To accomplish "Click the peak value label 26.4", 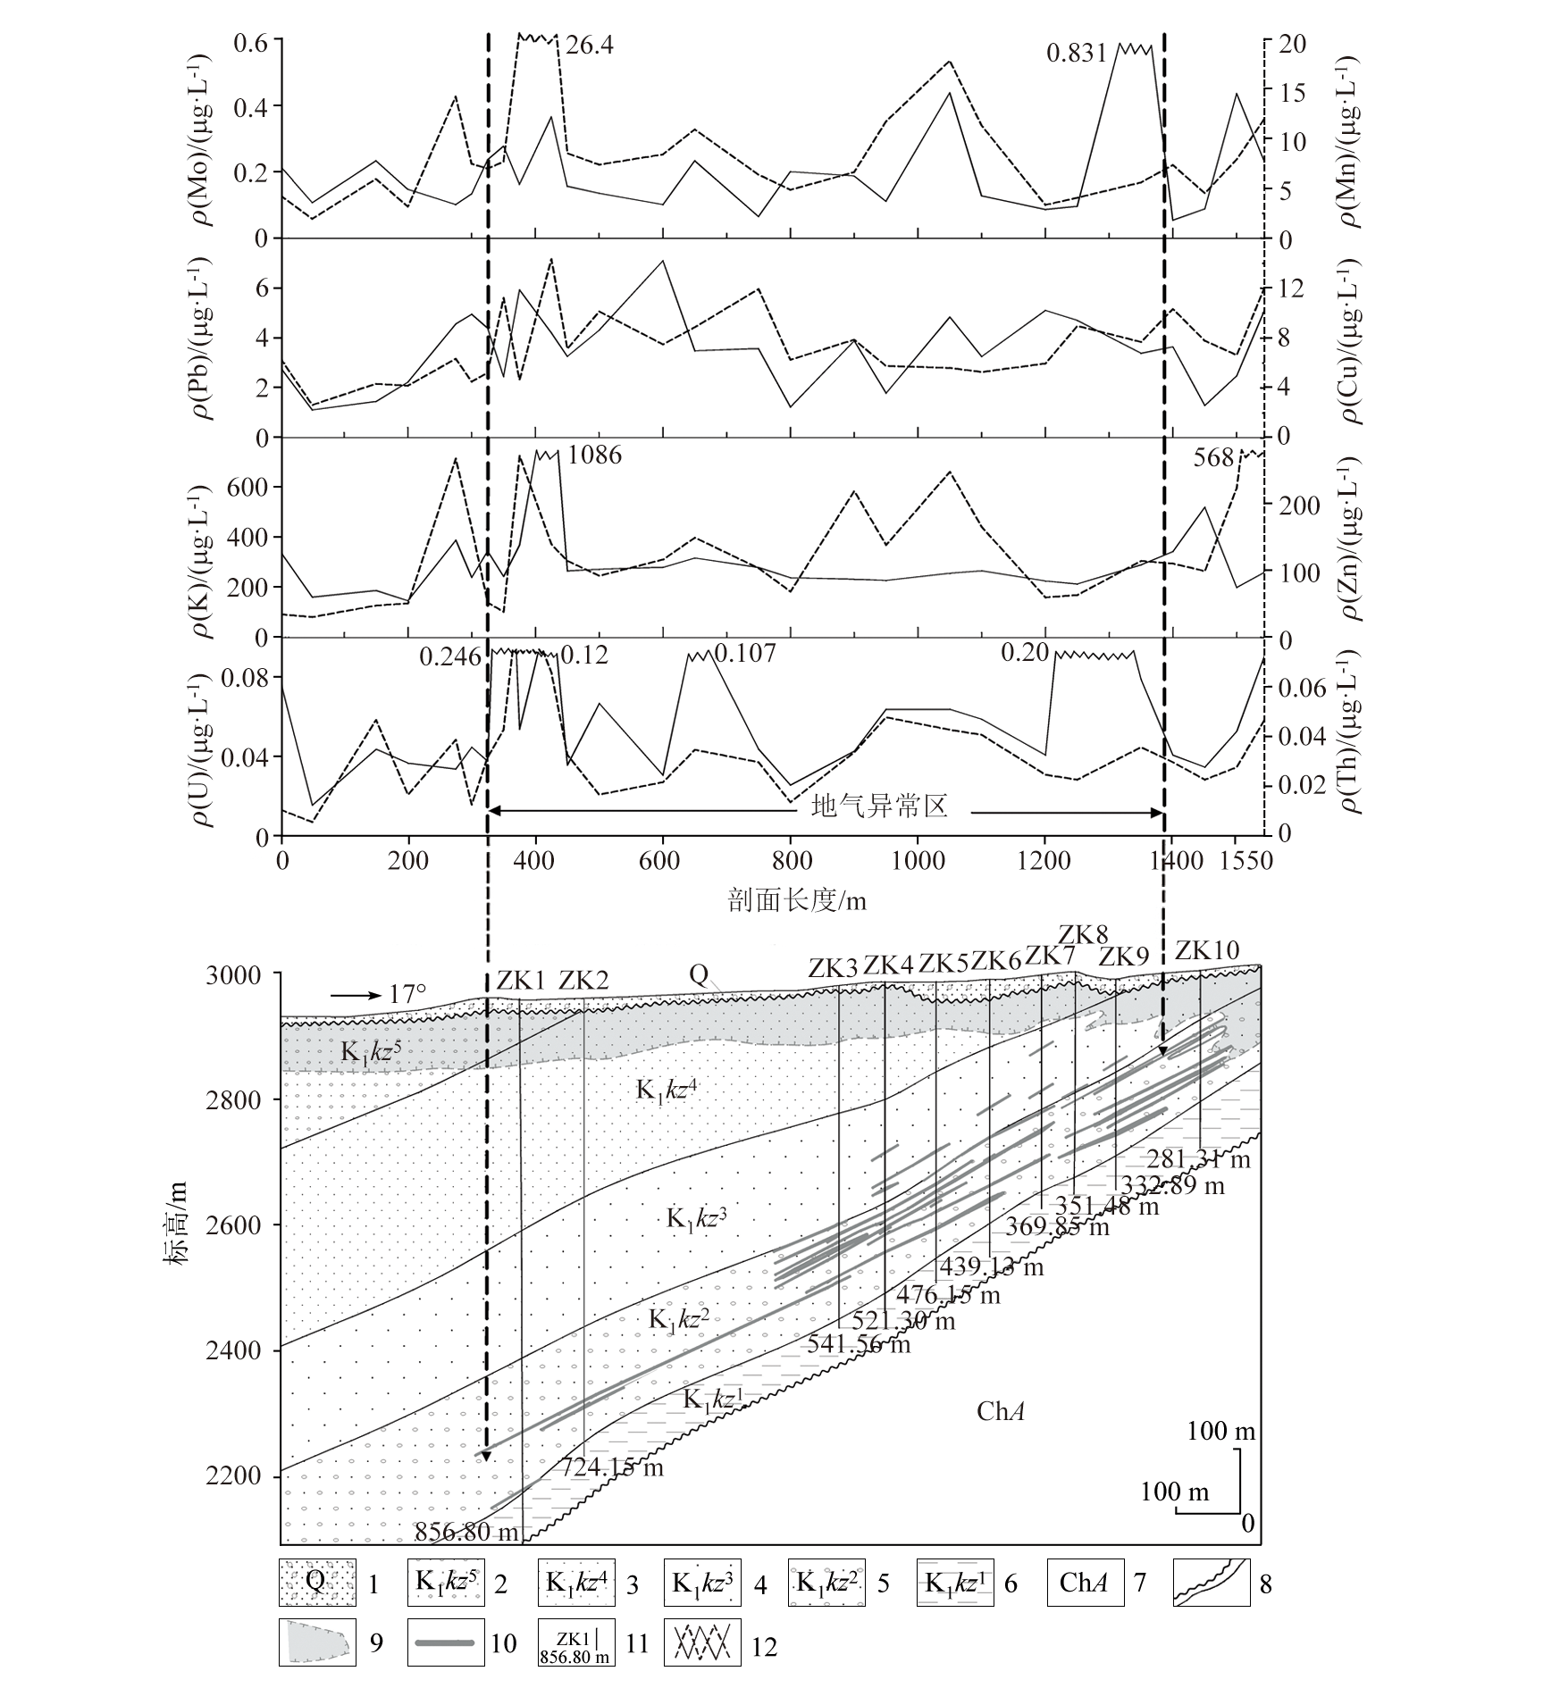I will point(590,44).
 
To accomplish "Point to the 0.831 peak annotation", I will point(1076,54).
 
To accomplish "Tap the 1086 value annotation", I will point(594,455).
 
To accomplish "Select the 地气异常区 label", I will point(877,806).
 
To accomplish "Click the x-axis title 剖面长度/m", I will point(797,900).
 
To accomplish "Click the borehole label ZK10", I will point(1207,950).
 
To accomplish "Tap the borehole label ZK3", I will point(833,967).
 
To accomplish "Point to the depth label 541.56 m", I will point(859,1343).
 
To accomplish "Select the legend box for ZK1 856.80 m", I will point(575,1643).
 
